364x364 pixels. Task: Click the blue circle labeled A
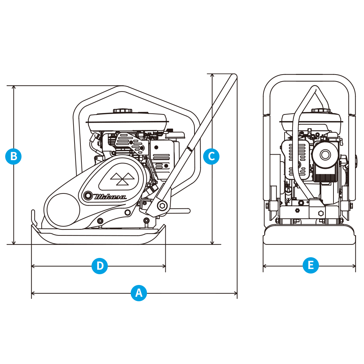pyautogui.click(x=139, y=293)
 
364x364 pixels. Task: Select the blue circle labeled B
pyautogui.click(x=14, y=156)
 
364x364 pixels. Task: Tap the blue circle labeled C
pyautogui.click(x=211, y=156)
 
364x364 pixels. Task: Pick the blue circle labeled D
pyautogui.click(x=100, y=266)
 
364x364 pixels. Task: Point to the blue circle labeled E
pyautogui.click(x=311, y=266)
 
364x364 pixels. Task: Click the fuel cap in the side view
pyautogui.click(x=123, y=111)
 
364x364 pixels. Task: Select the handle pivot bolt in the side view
pyautogui.click(x=162, y=206)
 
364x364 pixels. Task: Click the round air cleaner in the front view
pyautogui.click(x=325, y=155)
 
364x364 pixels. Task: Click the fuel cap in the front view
pyautogui.click(x=321, y=111)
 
